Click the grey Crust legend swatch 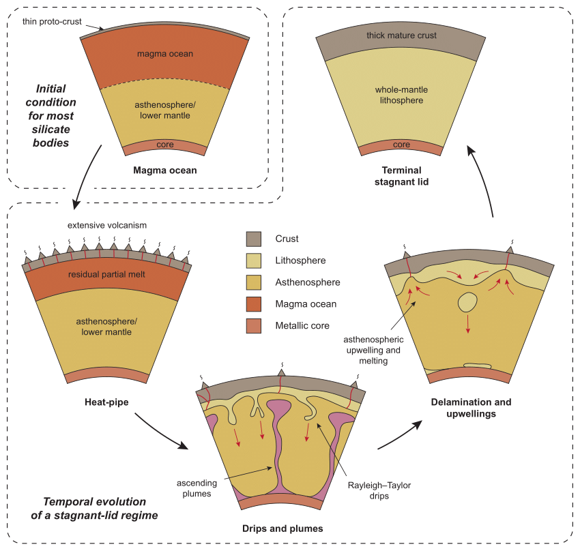coord(254,239)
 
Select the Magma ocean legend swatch coord(254,303)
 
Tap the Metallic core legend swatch coord(254,325)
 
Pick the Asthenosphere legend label coord(304,282)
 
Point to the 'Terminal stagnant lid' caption coord(402,176)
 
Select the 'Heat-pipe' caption coord(104,413)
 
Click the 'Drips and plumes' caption coord(282,528)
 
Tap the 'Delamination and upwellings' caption coord(472,408)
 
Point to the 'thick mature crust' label coord(401,35)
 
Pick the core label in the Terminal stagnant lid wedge coord(402,145)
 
